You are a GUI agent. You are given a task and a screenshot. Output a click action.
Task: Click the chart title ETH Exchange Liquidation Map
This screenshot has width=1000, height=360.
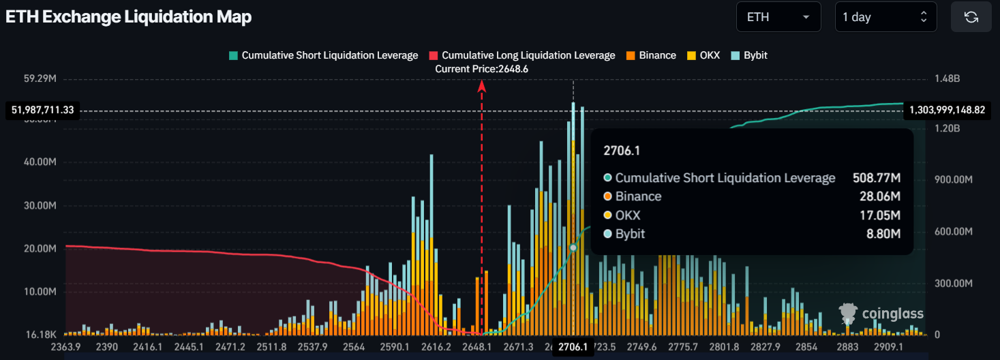[129, 17]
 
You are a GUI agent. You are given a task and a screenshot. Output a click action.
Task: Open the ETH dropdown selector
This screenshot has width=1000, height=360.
[778, 17]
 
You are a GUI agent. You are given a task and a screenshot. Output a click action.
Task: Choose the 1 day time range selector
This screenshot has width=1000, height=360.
[885, 17]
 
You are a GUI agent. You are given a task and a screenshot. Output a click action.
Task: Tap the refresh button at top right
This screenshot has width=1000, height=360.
[971, 17]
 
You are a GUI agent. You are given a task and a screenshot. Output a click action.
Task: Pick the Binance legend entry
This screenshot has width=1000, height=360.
[651, 55]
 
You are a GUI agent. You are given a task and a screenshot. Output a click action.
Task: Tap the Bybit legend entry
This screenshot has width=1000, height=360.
[749, 55]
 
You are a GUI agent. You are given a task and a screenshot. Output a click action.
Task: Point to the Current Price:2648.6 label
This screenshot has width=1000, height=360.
[482, 69]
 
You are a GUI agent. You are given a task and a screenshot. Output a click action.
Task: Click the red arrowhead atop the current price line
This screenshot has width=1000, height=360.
[482, 85]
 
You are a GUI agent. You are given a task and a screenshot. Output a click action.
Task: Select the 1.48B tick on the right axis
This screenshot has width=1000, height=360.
[947, 79]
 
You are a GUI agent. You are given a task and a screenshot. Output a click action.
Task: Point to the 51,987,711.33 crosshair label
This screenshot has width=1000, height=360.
[43, 110]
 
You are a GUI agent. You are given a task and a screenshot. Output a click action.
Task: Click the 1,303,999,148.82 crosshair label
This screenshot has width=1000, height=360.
[948, 110]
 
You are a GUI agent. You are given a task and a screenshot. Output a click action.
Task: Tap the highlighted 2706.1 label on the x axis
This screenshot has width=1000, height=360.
[573, 347]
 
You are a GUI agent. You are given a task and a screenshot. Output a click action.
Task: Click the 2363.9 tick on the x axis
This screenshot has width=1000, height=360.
[65, 347]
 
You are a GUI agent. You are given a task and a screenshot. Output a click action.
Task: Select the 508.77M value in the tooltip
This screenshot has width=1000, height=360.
[877, 178]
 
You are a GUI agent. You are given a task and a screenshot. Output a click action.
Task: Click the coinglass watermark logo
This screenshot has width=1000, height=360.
[882, 314]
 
